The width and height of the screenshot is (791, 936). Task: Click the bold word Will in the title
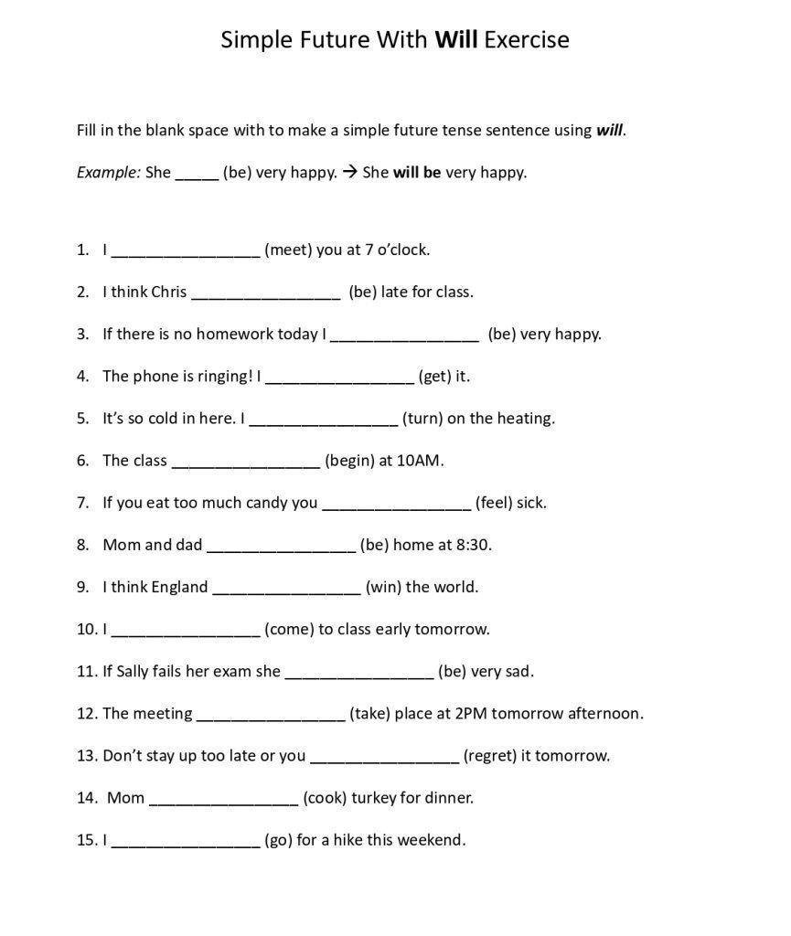[x=456, y=40]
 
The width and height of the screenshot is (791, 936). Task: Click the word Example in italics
[x=108, y=172]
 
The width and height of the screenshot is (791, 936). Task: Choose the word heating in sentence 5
[x=526, y=419]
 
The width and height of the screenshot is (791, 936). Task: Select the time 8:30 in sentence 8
[x=473, y=545]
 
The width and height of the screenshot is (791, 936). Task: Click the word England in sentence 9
[x=179, y=587]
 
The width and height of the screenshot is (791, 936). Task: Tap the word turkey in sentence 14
[x=373, y=797]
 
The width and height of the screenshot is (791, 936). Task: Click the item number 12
[x=87, y=713]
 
